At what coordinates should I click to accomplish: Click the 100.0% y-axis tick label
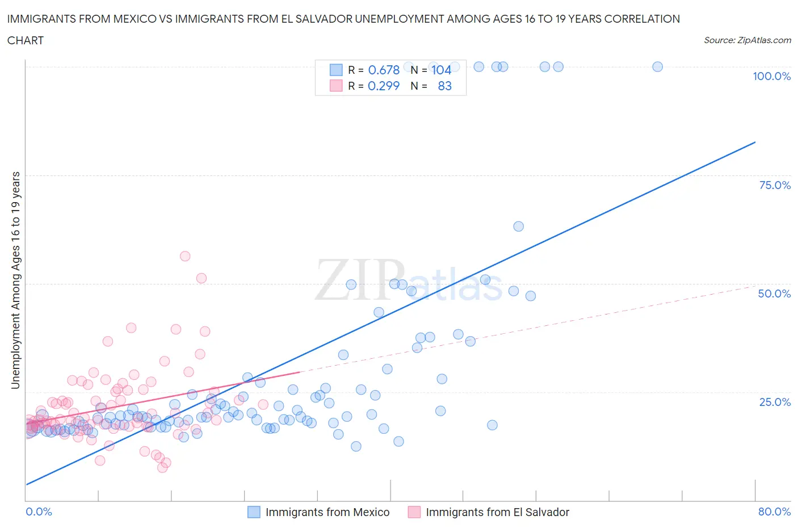pyautogui.click(x=771, y=76)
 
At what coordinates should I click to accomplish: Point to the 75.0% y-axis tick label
pyautogui.click(x=775, y=185)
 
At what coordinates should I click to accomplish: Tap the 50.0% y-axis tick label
pyautogui.click(x=774, y=294)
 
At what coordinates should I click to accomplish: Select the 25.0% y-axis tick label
pyautogui.click(x=775, y=402)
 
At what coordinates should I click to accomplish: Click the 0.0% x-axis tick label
pyautogui.click(x=39, y=512)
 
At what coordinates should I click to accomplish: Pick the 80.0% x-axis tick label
pyautogui.click(x=774, y=512)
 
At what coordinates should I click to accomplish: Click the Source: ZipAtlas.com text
pyautogui.click(x=747, y=40)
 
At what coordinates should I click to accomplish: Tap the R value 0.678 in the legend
pyautogui.click(x=384, y=70)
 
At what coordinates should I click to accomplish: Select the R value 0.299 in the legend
pyautogui.click(x=384, y=86)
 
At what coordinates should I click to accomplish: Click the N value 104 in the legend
pyautogui.click(x=441, y=70)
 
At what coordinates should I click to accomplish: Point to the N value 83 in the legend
pyautogui.click(x=444, y=86)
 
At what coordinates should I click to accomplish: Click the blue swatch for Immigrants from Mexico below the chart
pyautogui.click(x=254, y=512)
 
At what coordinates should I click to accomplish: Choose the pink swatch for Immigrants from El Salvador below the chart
pyautogui.click(x=414, y=512)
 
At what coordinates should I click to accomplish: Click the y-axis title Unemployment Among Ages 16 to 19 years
pyautogui.click(x=15, y=280)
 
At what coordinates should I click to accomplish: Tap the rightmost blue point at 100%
pyautogui.click(x=657, y=66)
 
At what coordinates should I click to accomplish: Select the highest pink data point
pyautogui.click(x=184, y=256)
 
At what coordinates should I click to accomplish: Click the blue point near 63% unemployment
pyautogui.click(x=518, y=227)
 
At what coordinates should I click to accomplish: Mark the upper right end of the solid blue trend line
pyautogui.click(x=755, y=142)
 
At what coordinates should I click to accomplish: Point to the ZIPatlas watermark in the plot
pyautogui.click(x=409, y=280)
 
